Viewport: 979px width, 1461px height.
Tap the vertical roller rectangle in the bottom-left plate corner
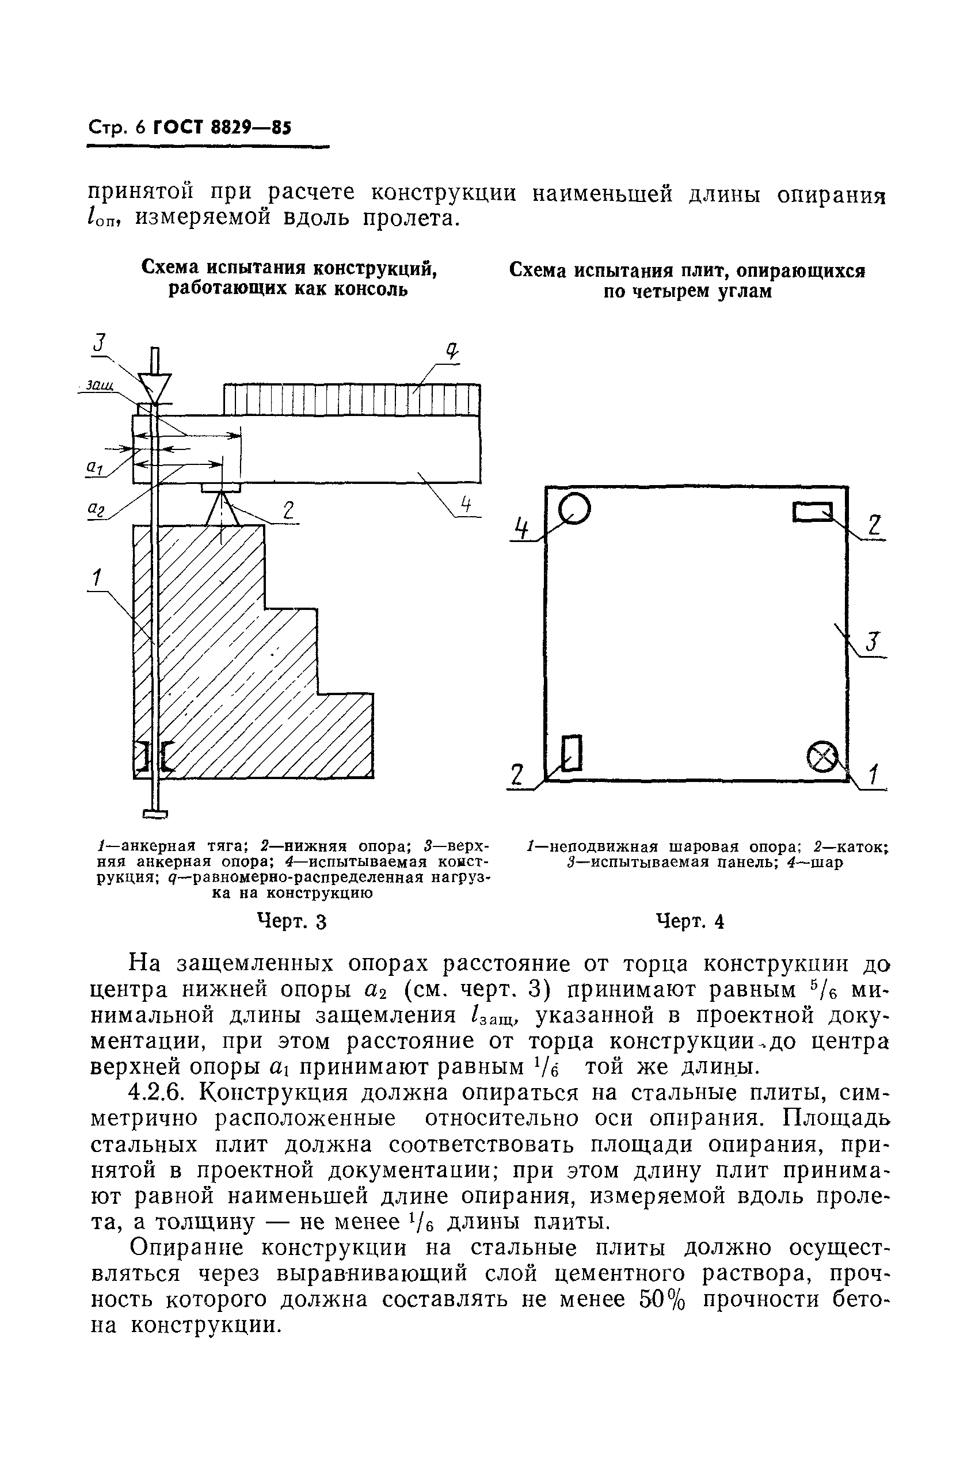572,753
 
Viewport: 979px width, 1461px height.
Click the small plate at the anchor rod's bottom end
155,813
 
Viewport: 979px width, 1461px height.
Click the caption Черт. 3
292,921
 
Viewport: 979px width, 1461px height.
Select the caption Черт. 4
690,921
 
